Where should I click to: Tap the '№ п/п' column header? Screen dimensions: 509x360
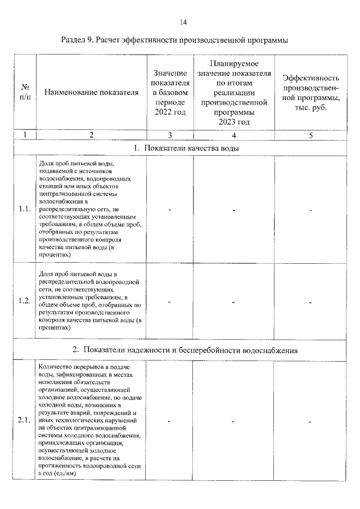click(x=25, y=92)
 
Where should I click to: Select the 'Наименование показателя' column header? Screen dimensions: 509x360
click(x=91, y=93)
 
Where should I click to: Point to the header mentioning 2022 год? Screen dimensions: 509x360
click(x=169, y=92)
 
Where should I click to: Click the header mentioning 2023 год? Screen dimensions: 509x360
click(x=233, y=92)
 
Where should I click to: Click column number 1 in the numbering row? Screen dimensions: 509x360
click(x=25, y=135)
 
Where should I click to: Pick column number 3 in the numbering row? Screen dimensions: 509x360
click(x=169, y=135)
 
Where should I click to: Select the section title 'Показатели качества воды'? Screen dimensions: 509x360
click(x=186, y=148)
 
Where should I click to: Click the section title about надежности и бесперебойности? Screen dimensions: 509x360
click(x=185, y=350)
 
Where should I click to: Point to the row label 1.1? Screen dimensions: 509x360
click(x=24, y=209)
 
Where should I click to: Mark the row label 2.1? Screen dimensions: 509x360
click(x=24, y=421)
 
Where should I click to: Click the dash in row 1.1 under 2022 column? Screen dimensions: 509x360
click(x=169, y=210)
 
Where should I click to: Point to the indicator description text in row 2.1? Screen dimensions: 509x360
click(x=91, y=421)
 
